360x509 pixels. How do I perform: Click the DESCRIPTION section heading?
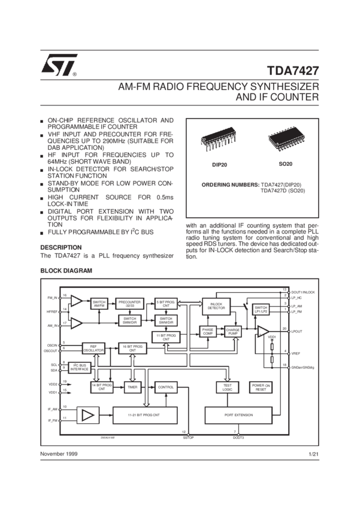coord(60,247)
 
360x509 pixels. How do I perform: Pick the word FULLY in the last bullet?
coord(57,231)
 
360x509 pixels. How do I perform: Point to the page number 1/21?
coord(313,455)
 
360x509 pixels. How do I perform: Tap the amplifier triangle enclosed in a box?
coord(89,414)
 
